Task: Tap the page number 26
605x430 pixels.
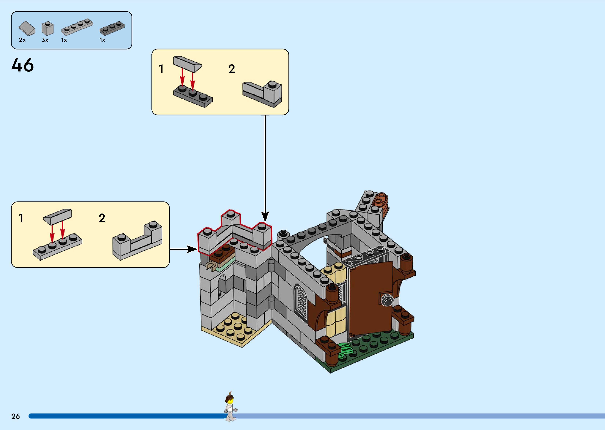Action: pyautogui.click(x=15, y=416)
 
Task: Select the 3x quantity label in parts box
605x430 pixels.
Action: pyautogui.click(x=45, y=40)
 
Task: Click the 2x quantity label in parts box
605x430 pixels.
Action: pyautogui.click(x=22, y=40)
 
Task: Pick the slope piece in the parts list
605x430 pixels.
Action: pyautogui.click(x=27, y=28)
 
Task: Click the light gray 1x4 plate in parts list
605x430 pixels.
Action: pyautogui.click(x=77, y=27)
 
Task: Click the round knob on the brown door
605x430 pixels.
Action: pyautogui.click(x=387, y=300)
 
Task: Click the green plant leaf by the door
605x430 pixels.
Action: pyautogui.click(x=346, y=349)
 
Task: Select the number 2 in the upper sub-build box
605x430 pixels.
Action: pyautogui.click(x=232, y=69)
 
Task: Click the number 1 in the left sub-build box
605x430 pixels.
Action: pyautogui.click(x=21, y=218)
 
